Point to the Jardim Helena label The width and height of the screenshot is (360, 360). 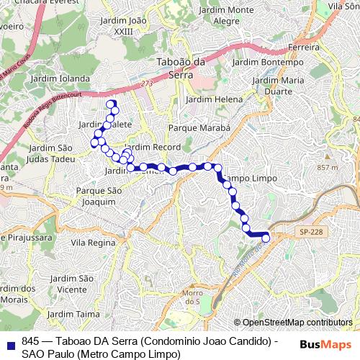pos(214,99)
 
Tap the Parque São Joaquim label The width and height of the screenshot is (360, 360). pos(102,197)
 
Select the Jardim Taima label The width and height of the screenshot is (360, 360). pos(73,315)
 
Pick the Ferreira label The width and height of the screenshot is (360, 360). pos(302,47)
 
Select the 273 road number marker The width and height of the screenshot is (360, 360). pos(148,84)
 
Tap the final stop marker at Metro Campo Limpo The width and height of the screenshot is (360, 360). pos(266,238)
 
